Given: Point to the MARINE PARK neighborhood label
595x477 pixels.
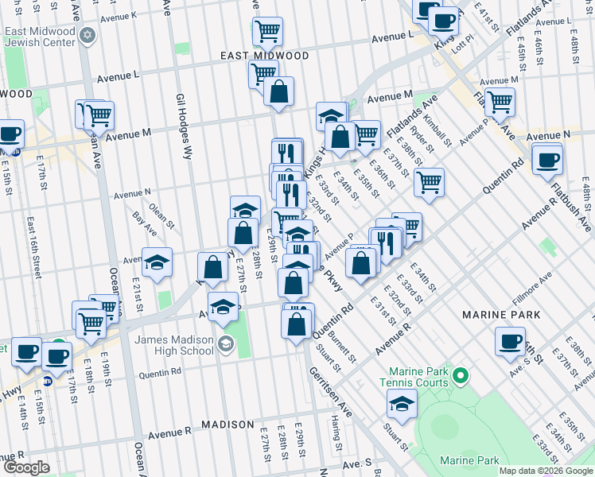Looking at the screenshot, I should pos(502,316).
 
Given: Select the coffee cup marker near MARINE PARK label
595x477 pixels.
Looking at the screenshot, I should pos(510,341).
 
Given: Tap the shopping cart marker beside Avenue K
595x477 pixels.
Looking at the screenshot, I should pos(268,31).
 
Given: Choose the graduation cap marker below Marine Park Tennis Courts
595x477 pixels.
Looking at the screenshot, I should pos(402,403).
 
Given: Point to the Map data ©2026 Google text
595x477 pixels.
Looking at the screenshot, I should pos(546,471).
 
